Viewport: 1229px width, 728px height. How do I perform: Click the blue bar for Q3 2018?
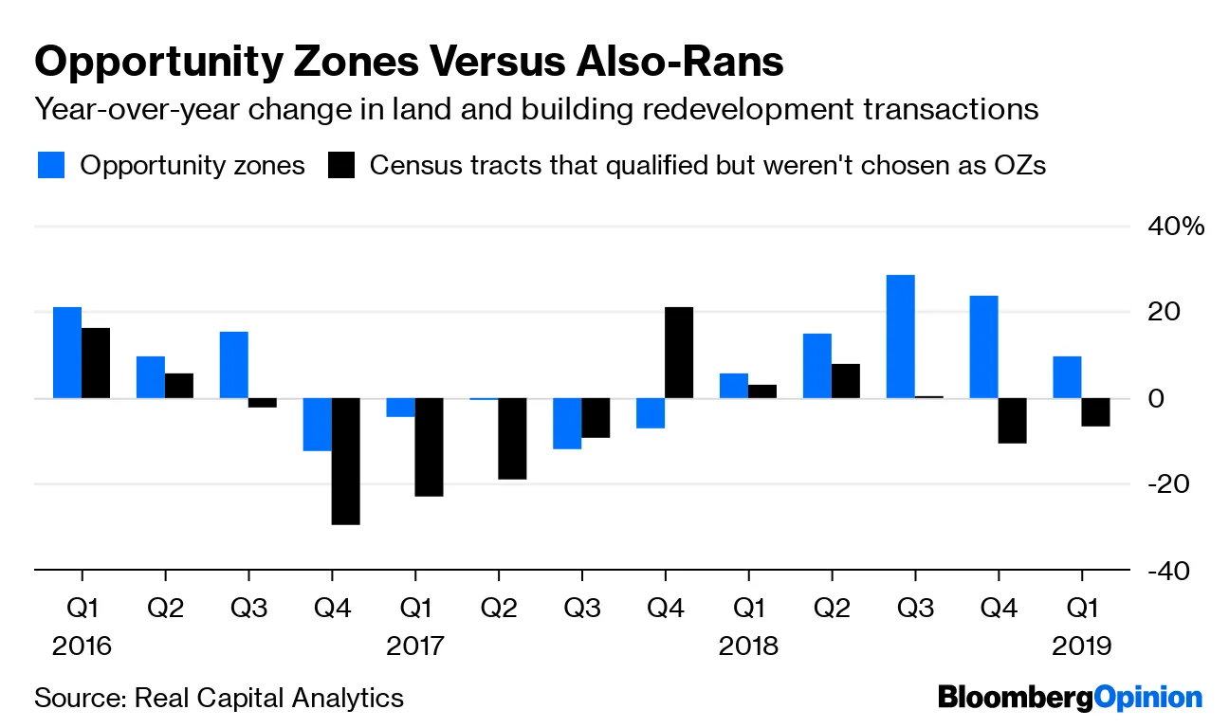(x=900, y=337)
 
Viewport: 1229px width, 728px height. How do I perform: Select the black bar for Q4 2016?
(x=345, y=461)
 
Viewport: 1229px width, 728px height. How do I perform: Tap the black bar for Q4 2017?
(x=679, y=353)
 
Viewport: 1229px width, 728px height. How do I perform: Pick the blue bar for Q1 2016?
(x=66, y=353)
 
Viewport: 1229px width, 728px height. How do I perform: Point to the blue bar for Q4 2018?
(x=983, y=347)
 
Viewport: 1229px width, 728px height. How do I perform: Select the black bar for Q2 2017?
(x=512, y=439)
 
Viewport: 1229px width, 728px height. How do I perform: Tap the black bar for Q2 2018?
(x=846, y=381)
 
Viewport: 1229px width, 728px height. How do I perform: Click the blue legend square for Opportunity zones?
(x=51, y=165)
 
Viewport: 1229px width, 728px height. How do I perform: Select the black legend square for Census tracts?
(x=341, y=165)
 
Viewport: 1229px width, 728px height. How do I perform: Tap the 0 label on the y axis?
(x=1156, y=398)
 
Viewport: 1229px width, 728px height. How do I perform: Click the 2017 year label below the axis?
(x=414, y=646)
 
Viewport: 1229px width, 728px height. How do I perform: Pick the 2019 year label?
(x=1082, y=646)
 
